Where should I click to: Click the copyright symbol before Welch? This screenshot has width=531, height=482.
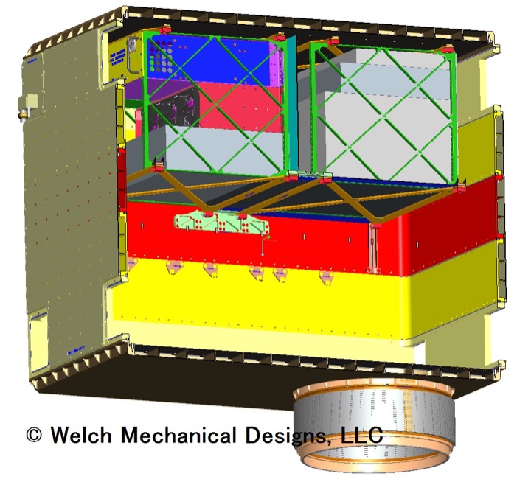34,434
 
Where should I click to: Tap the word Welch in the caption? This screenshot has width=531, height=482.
81,434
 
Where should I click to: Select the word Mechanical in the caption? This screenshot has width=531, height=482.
178,434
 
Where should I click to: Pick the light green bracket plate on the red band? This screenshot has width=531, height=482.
222,223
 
